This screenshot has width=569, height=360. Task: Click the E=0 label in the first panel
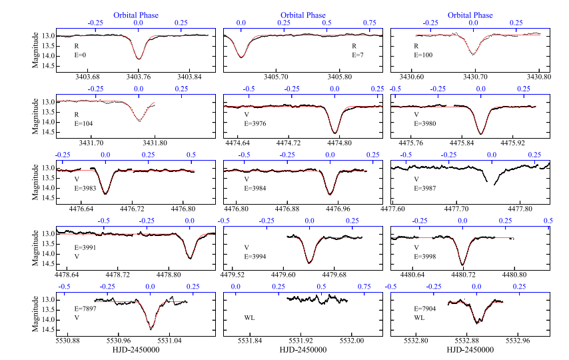80,56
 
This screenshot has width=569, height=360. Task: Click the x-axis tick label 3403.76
139,77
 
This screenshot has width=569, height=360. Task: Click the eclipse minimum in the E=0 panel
139,59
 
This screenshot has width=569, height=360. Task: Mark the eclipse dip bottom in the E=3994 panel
308,262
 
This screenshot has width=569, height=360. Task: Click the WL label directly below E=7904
419,318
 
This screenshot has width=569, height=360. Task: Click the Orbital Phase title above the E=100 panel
470,15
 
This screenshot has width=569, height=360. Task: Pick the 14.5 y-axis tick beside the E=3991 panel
47,264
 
